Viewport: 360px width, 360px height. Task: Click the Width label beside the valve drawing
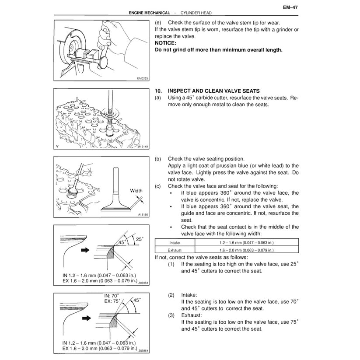pyautogui.click(x=136, y=191)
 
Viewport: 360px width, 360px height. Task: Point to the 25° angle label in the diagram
pyautogui.click(x=140, y=239)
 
